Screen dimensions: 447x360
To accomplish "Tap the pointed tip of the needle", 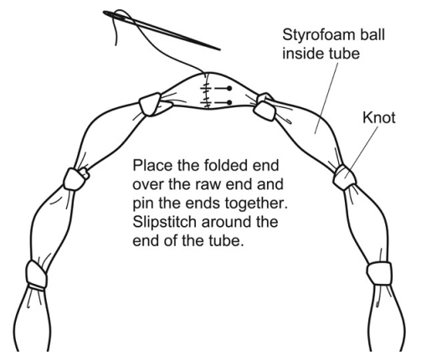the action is coord(220,49).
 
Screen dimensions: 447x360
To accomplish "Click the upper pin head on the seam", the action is coord(229,89).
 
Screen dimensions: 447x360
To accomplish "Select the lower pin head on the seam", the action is coord(229,102).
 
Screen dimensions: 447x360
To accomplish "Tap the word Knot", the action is coord(379,117).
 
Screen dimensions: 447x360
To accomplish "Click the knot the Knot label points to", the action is coord(344,177).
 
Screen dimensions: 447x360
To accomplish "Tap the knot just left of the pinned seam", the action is coord(150,104).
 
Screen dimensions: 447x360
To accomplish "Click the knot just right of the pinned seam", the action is coord(265,107).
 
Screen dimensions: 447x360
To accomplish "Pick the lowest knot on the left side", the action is coord(36,274).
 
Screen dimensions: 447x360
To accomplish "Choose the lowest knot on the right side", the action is coord(379,274).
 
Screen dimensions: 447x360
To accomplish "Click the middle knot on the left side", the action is coord(74,179).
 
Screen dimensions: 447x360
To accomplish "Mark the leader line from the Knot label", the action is coord(362,152).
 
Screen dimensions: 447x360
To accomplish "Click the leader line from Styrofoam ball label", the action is coord(326,98).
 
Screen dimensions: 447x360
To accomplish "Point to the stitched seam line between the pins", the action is coord(207,90).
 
